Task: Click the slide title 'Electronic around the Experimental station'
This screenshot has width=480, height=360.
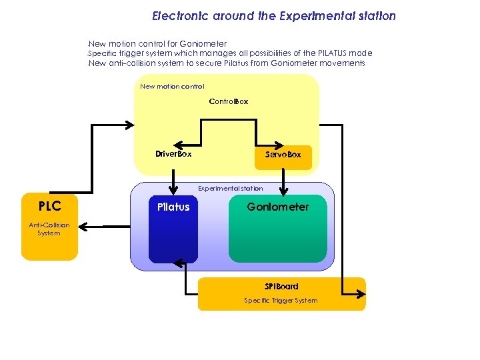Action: [273, 15]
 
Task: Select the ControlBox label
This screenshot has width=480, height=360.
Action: [228, 101]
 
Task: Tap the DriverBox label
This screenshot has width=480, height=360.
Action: [173, 154]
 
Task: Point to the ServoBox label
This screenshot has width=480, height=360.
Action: [283, 154]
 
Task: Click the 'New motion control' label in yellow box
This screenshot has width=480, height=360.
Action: [172, 86]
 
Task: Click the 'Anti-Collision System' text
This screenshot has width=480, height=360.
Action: [49, 229]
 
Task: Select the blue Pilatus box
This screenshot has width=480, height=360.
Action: [173, 230]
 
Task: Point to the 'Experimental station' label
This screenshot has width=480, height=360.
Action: [230, 189]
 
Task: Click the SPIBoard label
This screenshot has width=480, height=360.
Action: [281, 286]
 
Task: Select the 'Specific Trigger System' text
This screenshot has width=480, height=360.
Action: [281, 301]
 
